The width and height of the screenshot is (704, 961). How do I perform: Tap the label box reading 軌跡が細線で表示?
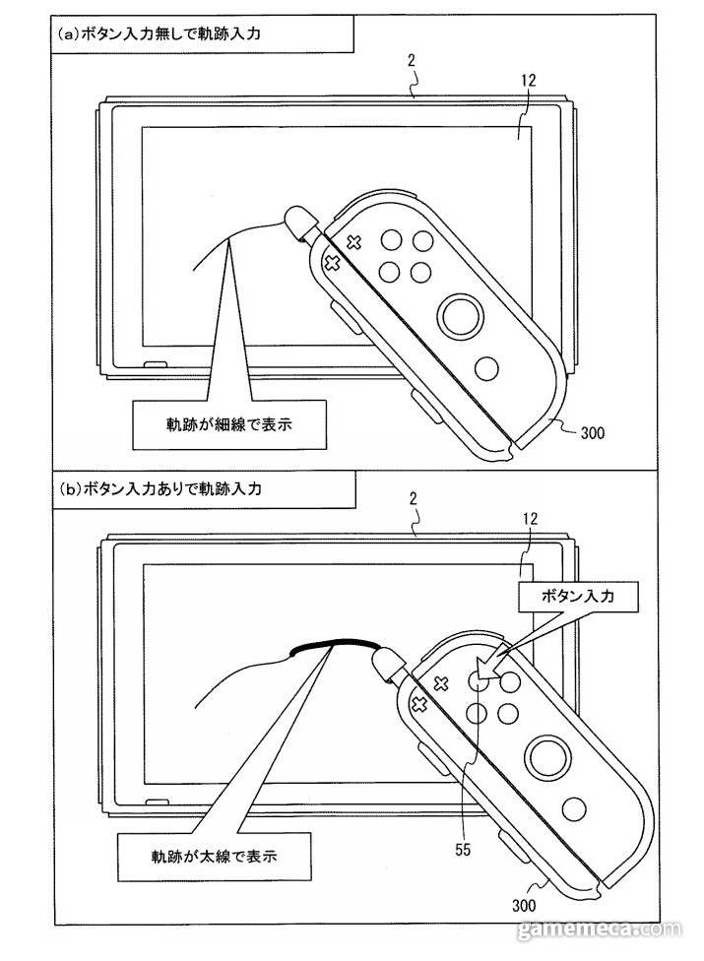pos(229,424)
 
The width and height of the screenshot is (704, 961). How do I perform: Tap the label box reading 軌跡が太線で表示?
pos(215,856)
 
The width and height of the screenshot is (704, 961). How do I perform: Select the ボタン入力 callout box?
pos(578,595)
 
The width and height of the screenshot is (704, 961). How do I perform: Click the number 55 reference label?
pos(463,849)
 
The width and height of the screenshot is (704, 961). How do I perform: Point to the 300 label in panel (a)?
pos(592,433)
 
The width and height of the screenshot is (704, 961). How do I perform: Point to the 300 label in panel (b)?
pos(523,905)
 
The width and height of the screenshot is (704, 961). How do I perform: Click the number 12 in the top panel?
pos(528,81)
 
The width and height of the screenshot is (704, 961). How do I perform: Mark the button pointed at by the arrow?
pos(478,679)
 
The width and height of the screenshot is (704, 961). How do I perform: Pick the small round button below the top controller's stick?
pos(487,368)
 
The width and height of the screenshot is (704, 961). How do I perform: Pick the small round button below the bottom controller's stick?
pos(573,810)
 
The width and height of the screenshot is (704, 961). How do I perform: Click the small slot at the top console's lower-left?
pos(156,364)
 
